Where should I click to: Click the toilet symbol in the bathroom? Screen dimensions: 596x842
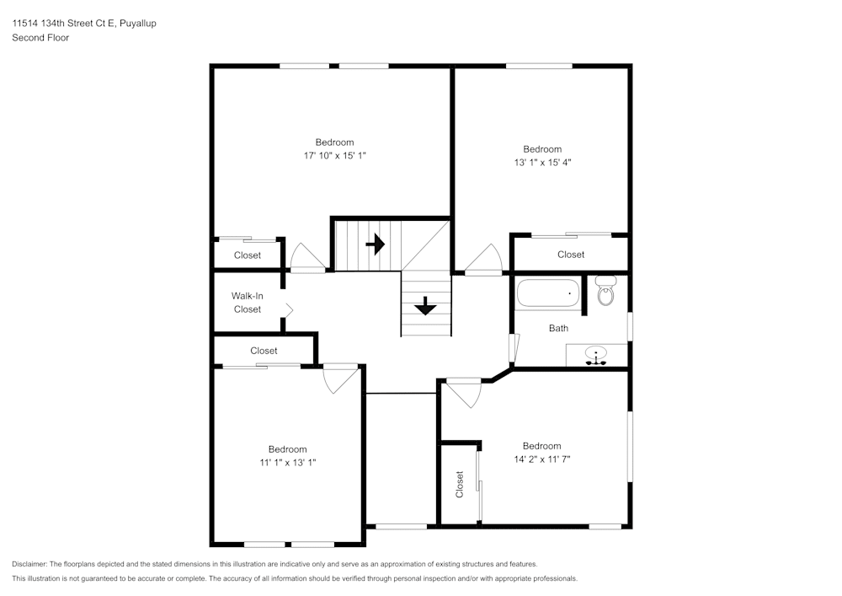point(605,291)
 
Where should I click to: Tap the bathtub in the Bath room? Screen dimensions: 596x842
point(549,293)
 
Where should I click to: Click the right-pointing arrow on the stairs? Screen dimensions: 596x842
point(376,244)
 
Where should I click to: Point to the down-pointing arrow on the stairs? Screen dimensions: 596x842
point(425,305)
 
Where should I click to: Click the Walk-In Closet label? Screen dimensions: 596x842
point(247,303)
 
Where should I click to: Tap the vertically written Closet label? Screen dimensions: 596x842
point(460,484)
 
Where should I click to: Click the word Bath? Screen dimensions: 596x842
point(558,328)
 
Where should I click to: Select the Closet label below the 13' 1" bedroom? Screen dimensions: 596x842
point(570,255)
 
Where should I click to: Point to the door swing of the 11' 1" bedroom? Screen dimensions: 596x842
point(339,379)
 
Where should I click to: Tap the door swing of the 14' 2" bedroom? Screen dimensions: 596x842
point(463,391)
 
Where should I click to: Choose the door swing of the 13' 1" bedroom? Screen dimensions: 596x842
point(484,260)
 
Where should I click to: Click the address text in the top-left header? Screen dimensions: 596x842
point(83,24)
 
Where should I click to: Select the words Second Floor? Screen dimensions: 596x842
point(40,38)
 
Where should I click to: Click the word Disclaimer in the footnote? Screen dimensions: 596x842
point(29,564)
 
